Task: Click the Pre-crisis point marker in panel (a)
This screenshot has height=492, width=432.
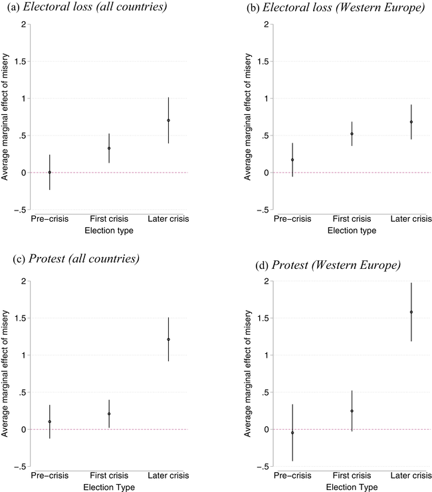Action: pos(49,173)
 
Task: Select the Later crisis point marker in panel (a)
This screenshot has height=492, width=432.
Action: pos(168,120)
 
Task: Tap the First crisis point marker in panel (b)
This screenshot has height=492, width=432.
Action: pos(352,134)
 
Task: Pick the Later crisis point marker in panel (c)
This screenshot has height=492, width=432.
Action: pos(168,339)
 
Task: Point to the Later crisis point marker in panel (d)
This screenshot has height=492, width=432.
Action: pos(411,312)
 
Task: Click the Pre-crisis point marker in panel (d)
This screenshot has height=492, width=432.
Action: pos(292,433)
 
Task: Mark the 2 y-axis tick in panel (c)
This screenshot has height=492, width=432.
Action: pos(22,281)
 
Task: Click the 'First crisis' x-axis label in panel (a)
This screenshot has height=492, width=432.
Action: pos(109,219)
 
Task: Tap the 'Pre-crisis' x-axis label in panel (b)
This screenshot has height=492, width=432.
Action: pos(292,219)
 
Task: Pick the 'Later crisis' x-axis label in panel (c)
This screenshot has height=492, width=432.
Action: pos(168,476)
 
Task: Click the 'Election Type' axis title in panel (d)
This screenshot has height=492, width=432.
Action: pos(352,487)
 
